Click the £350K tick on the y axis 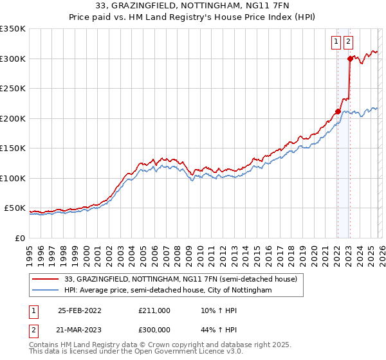(13, 29)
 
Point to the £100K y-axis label (13, 178)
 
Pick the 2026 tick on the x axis (381, 250)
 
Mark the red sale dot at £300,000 (350, 59)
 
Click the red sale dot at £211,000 (338, 111)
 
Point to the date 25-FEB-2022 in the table (80, 310)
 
